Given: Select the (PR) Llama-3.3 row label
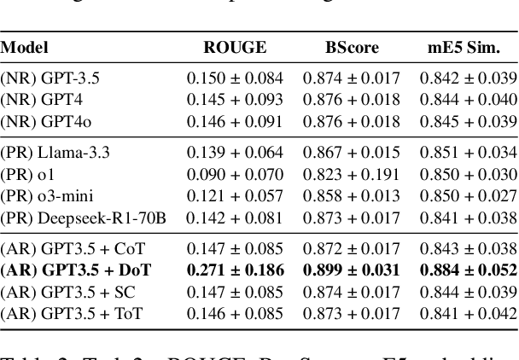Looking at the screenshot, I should tap(56, 154).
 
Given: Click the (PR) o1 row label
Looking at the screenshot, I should tap(27, 174).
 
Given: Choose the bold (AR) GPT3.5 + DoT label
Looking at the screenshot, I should tap(76, 271).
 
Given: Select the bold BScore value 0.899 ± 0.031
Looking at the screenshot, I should tap(351, 271).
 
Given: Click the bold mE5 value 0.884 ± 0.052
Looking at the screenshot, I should tap(468, 271).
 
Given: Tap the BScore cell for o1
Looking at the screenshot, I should tap(351, 174).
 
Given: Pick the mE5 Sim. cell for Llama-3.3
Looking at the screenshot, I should tap(468, 154).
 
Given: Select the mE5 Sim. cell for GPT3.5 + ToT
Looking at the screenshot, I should tap(468, 312).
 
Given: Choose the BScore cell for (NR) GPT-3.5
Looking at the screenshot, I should tap(351, 79).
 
